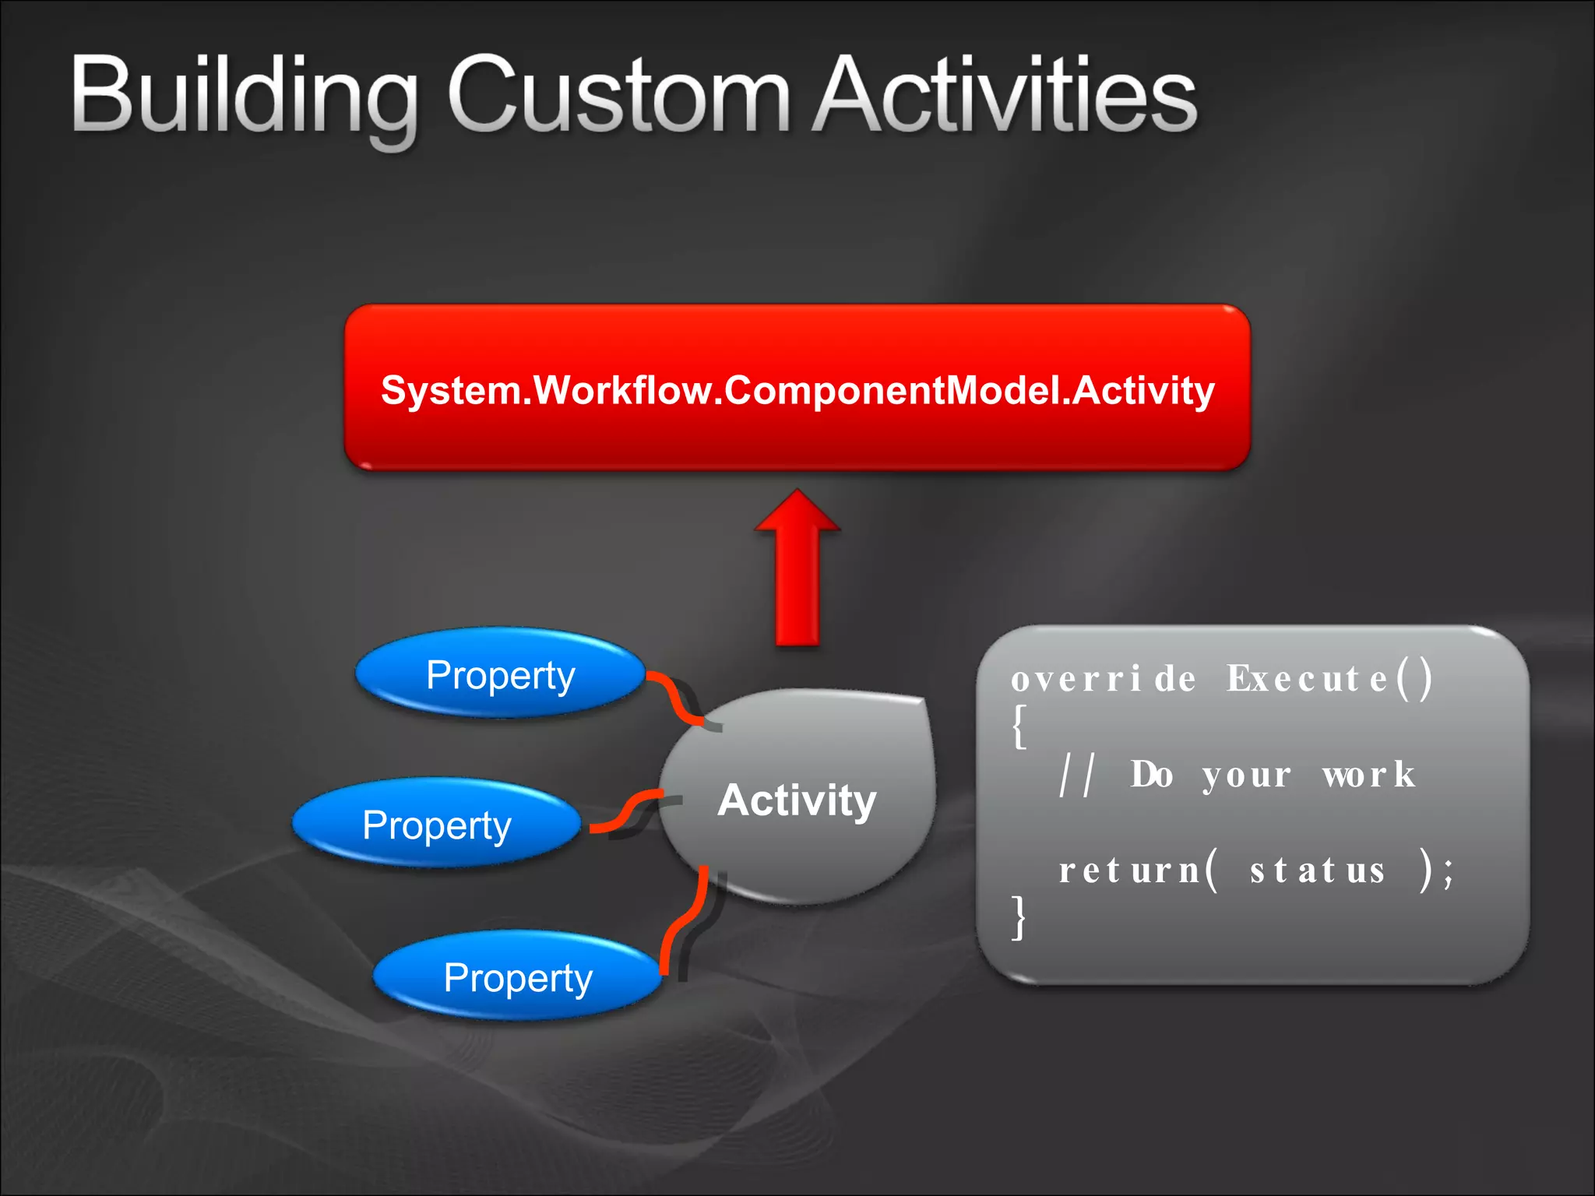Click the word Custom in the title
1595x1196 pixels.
point(619,97)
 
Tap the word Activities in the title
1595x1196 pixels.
point(1005,97)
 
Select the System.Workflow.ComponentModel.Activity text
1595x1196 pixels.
point(797,390)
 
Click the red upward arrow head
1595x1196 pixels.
point(797,514)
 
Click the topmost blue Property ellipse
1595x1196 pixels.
point(501,674)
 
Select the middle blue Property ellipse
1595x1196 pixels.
point(437,825)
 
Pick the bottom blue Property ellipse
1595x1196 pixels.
point(518,976)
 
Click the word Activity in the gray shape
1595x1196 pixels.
point(797,800)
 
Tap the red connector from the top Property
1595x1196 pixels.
point(673,698)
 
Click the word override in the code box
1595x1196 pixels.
point(1103,679)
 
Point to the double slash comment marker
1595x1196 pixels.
point(1077,776)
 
